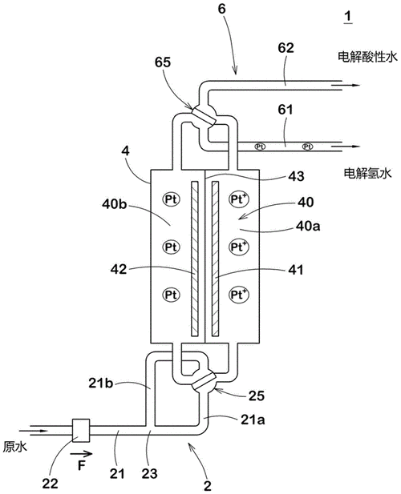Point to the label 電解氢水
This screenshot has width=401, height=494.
[x=365, y=173]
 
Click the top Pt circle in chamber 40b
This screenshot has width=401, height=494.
[x=171, y=198]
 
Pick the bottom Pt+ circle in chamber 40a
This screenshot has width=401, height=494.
[x=238, y=295]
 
